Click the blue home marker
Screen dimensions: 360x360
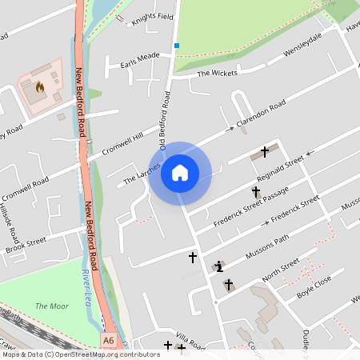[180, 172]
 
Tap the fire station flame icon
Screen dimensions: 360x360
[40, 86]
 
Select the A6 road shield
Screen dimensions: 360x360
[109, 341]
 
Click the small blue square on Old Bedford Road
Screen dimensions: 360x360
[176, 46]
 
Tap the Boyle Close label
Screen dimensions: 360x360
[314, 286]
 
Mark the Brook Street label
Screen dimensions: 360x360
[26, 244]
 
